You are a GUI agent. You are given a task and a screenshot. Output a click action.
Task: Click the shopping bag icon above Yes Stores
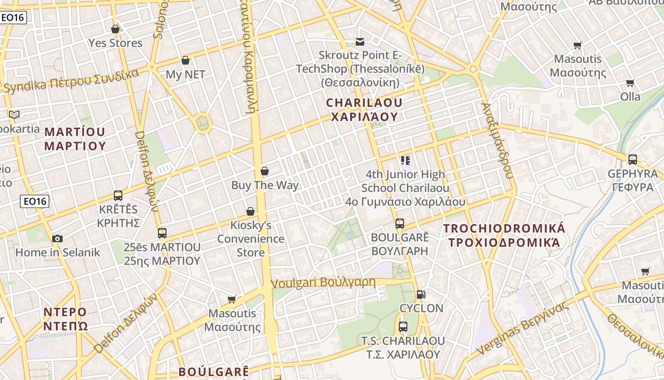tap(115, 29)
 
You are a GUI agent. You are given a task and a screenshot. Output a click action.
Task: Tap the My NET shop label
tap(185, 75)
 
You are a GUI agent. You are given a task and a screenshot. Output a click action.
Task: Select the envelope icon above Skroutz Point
tap(360, 42)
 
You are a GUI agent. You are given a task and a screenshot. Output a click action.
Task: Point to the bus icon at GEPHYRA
tap(632, 160)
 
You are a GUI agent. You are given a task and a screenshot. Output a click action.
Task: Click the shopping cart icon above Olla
tap(630, 83)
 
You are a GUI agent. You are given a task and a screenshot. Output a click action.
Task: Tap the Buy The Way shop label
tap(265, 185)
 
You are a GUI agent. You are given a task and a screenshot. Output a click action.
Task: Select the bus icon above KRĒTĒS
tap(118, 195)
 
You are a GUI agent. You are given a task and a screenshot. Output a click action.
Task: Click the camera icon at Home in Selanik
tap(57, 238)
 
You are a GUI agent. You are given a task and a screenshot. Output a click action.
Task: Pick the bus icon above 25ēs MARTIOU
tap(162, 233)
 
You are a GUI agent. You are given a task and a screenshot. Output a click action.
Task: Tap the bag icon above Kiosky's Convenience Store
tap(250, 211)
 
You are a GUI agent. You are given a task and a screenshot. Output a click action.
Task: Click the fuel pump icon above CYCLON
tap(421, 294)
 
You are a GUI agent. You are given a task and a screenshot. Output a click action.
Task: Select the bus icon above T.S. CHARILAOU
tap(403, 327)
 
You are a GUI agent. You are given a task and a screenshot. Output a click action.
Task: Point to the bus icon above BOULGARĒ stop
tap(400, 223)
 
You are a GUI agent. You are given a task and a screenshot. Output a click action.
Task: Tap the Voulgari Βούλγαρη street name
tap(323, 283)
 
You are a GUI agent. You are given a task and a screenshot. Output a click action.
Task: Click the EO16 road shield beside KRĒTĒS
tap(35, 201)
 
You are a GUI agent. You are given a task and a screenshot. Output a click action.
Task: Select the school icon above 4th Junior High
tap(405, 161)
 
